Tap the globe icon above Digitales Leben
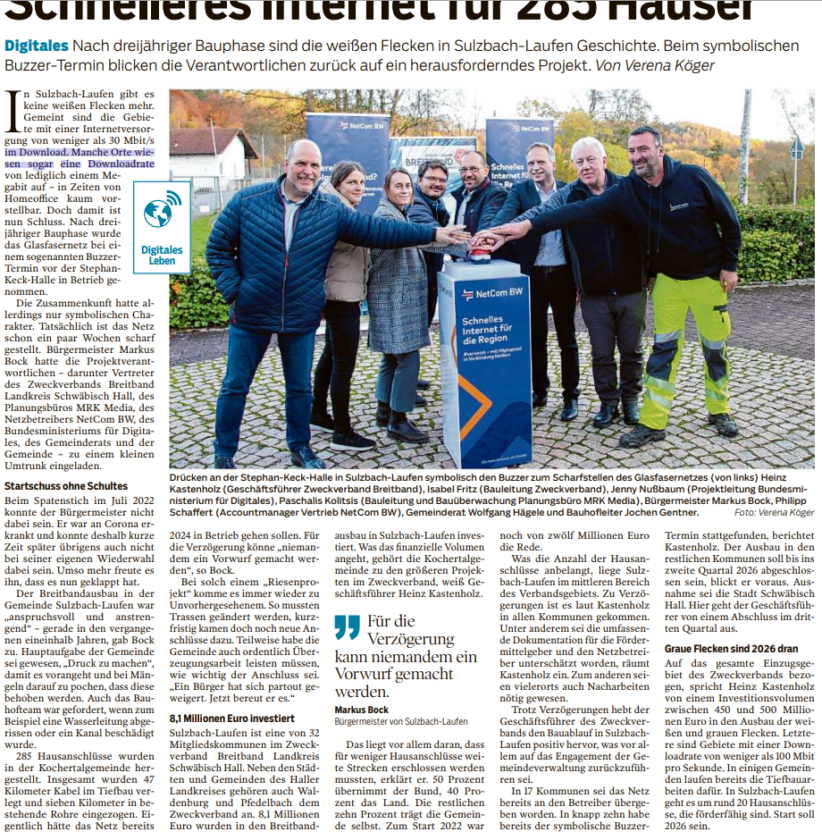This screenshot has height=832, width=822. pyautogui.click(x=162, y=214)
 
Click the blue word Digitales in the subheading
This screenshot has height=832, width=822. pyautogui.click(x=36, y=45)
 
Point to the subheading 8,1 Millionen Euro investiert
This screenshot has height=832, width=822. pyautogui.click(x=231, y=718)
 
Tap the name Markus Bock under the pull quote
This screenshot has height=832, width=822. pyautogui.click(x=362, y=710)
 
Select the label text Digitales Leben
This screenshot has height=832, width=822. pyautogui.click(x=162, y=256)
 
